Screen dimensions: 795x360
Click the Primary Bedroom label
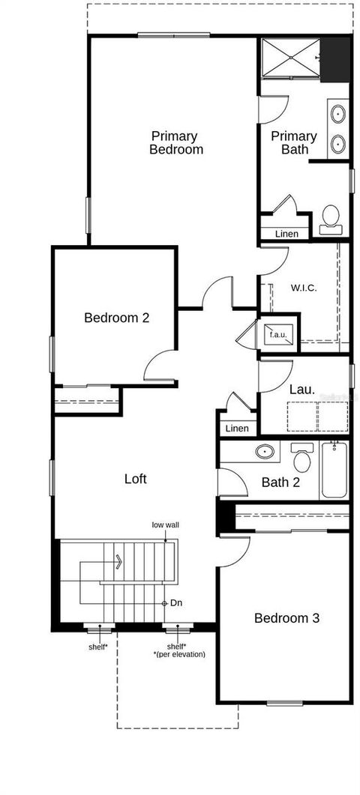pos(175,142)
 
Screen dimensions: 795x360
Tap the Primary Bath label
pos(294,142)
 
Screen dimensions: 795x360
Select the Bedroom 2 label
pos(116,318)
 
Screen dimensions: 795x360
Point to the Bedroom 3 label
pos(286,618)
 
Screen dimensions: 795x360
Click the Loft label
pos(135,478)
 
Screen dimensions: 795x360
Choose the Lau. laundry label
pos(302,390)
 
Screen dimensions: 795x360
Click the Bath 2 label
pos(280,483)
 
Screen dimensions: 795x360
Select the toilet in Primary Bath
pos(331,218)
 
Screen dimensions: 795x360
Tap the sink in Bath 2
pos(264,451)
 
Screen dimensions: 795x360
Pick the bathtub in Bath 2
pos(334,470)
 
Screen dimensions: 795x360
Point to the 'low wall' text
pos(165,525)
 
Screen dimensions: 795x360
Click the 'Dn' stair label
pos(177,602)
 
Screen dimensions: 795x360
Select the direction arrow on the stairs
pos(117,560)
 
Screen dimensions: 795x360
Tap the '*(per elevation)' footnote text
pos(179,654)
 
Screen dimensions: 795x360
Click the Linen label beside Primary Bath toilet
pos(286,234)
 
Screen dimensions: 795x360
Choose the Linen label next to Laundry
pos(236,429)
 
